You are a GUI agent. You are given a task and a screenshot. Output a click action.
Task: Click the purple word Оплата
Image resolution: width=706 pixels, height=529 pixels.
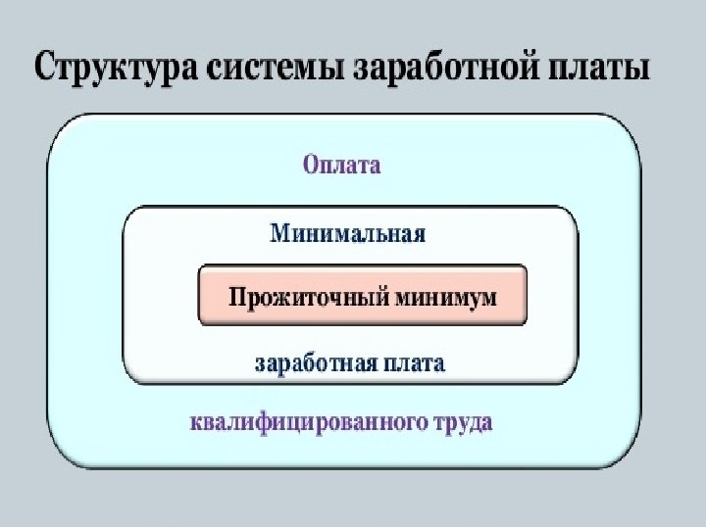(x=341, y=165)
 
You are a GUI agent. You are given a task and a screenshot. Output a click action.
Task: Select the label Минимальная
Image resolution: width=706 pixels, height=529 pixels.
(x=348, y=235)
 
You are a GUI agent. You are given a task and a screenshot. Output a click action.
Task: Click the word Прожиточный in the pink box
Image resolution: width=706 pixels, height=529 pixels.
(x=303, y=296)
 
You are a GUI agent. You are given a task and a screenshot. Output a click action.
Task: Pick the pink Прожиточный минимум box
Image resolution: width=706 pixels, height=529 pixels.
(x=363, y=295)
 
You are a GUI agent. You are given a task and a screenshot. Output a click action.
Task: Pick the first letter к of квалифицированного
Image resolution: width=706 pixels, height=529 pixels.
(x=194, y=425)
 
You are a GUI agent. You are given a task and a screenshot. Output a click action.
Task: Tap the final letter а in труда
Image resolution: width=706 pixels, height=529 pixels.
(x=485, y=425)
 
